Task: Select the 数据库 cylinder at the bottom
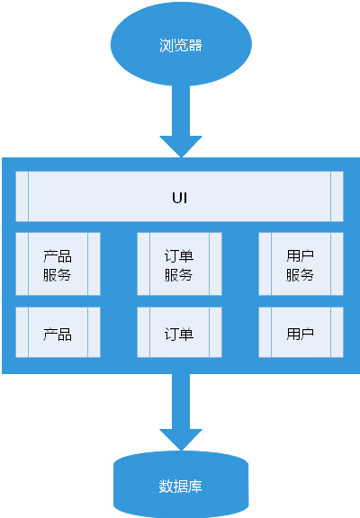tap(180, 486)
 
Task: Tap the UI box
tap(180, 196)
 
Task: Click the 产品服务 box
tap(58, 263)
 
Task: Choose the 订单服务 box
tap(179, 263)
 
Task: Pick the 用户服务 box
tap(301, 263)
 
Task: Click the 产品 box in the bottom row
tap(58, 334)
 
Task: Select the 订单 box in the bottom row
tap(179, 334)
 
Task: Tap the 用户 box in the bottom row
tap(301, 334)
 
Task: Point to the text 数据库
tap(180, 487)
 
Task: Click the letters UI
tap(180, 196)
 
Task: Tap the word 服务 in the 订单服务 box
tap(179, 274)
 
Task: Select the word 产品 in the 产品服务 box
tap(58, 254)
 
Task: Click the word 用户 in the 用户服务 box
tap(301, 254)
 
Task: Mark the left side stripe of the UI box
tap(22, 196)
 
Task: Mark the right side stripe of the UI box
tap(337, 196)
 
